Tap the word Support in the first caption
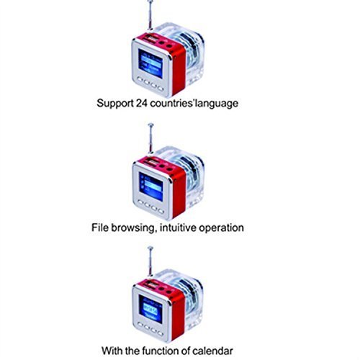point(115,104)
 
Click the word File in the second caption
point(100,228)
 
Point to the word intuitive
point(178,228)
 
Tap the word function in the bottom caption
point(161,351)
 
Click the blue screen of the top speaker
point(150,64)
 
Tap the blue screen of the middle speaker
point(150,186)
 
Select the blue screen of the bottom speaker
point(150,309)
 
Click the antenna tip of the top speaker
point(150,1)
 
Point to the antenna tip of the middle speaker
point(150,125)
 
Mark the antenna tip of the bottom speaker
point(150,248)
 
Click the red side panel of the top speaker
point(179,70)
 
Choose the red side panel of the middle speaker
point(179,193)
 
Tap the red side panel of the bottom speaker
point(179,315)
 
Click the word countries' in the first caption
point(172,103)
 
